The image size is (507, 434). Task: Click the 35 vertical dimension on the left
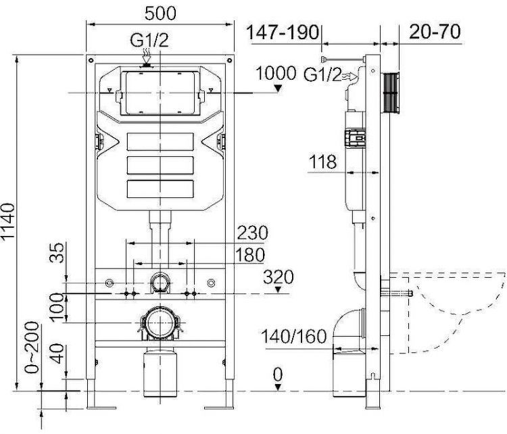(x=59, y=253)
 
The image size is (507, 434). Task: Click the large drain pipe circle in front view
(x=159, y=322)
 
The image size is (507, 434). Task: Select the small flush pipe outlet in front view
(x=159, y=283)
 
